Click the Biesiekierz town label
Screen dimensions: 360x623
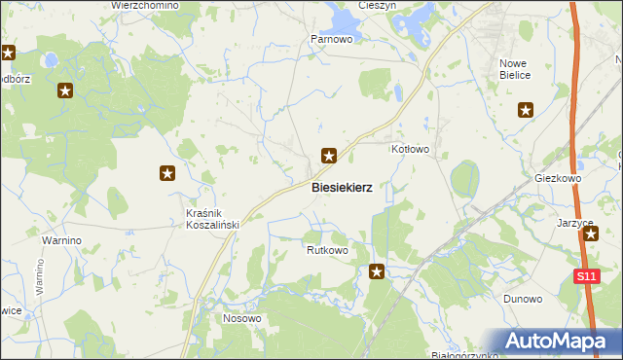[342, 187]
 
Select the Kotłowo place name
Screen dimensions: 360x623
[410, 149]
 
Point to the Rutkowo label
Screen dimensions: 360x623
[327, 250]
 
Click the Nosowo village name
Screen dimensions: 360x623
[242, 318]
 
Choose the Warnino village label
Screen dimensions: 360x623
[60, 239]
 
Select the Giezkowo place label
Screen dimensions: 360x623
[558, 179]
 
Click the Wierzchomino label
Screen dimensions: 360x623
[145, 5]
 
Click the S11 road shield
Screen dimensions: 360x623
[585, 277]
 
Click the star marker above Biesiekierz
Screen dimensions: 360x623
[330, 155]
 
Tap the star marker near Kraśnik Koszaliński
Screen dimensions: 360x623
[167, 173]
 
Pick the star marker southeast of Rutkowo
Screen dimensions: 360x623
[377, 272]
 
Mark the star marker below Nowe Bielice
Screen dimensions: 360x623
[527, 110]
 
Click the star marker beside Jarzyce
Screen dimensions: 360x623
[590, 234]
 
